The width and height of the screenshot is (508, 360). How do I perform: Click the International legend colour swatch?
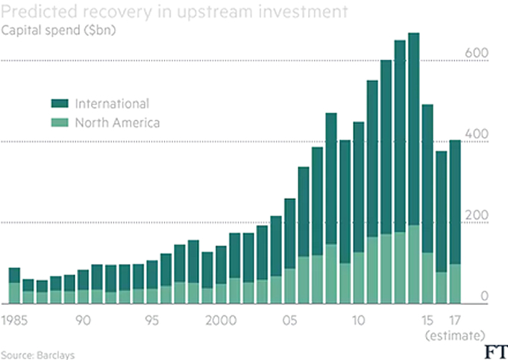click(x=60, y=104)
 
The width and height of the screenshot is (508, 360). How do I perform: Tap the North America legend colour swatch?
click(x=60, y=122)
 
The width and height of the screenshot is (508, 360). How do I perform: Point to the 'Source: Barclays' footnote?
click(x=37, y=354)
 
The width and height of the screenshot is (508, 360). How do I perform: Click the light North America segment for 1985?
click(x=14, y=293)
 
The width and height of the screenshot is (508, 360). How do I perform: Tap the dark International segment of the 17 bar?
click(x=454, y=201)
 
